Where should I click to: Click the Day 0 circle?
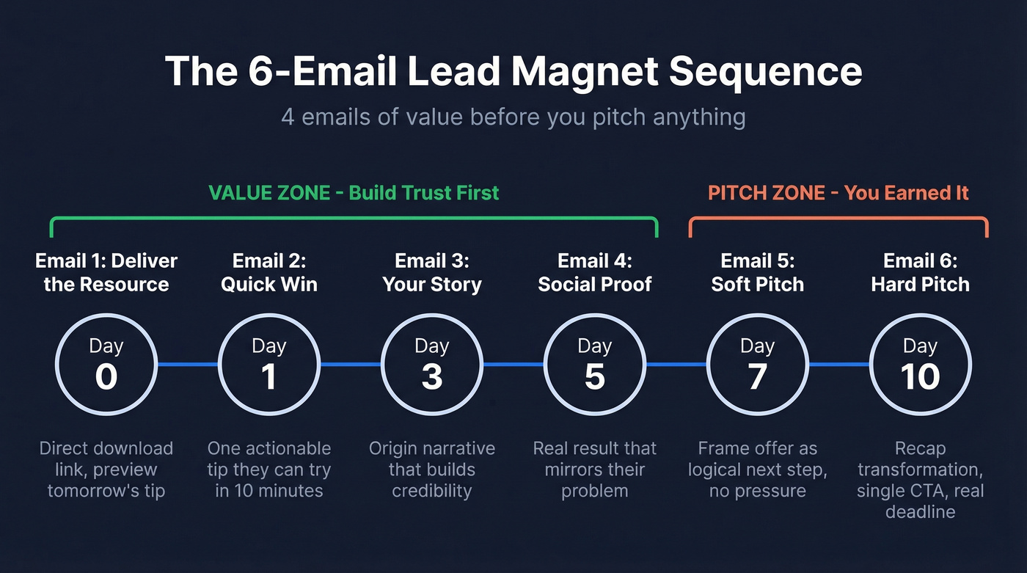[x=106, y=364]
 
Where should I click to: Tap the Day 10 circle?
[x=920, y=364]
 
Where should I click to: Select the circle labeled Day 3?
[x=432, y=364]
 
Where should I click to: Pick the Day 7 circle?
[x=757, y=364]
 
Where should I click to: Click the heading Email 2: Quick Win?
[x=269, y=272]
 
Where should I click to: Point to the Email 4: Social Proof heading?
[x=595, y=272]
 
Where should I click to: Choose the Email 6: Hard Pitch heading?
[x=920, y=272]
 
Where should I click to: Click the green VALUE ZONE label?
[x=354, y=193]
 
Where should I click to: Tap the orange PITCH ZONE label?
[x=838, y=193]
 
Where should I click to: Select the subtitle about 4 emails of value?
[x=513, y=117]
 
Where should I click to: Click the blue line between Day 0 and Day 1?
[x=188, y=364]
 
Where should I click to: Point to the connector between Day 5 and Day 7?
[x=676, y=364]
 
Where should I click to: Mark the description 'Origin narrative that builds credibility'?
[x=432, y=470]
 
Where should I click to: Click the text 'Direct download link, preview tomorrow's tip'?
[x=106, y=470]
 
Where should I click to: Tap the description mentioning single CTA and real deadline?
[x=920, y=481]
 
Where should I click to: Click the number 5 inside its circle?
[x=595, y=377]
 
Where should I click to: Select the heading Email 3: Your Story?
[x=432, y=272]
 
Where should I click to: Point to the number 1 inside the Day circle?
[x=269, y=377]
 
